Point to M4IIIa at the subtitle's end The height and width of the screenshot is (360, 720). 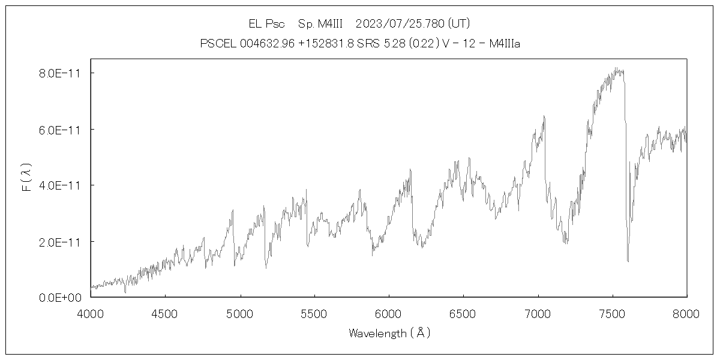(500, 44)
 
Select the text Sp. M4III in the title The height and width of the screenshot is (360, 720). (320, 24)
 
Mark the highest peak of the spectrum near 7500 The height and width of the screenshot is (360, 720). (616, 68)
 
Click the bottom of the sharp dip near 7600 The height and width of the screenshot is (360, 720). (628, 261)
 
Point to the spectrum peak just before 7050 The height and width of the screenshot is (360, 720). (544, 116)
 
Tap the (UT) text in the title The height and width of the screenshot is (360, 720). (459, 24)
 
